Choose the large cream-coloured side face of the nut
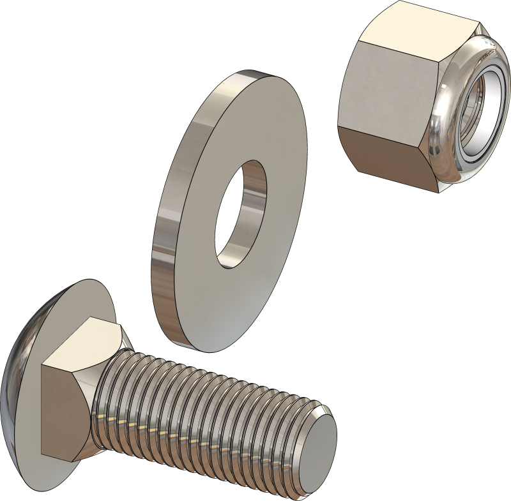[x=393, y=80]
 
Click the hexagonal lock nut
[x=415, y=96]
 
